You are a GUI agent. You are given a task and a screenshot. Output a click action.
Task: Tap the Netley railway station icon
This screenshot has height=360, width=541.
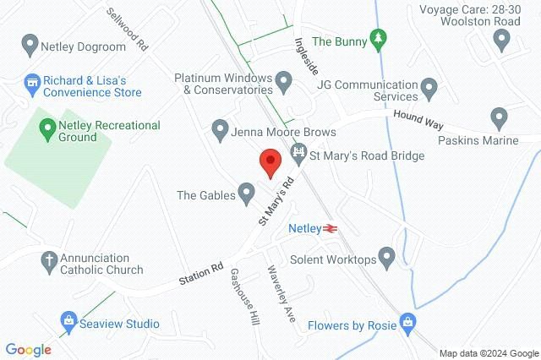point(330,228)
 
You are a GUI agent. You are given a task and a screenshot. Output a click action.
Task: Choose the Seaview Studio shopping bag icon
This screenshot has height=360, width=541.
point(68,322)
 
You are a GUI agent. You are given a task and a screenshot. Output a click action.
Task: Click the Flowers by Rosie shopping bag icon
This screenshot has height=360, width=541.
point(408,323)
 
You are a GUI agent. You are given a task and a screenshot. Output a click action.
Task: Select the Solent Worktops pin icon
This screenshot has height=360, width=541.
point(387,255)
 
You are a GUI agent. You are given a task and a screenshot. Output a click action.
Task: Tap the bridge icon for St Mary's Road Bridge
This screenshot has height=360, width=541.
point(298,153)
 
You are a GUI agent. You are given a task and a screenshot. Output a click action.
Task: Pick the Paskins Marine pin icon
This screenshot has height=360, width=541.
point(499,118)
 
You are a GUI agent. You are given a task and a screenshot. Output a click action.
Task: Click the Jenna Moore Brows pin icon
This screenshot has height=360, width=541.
point(220,131)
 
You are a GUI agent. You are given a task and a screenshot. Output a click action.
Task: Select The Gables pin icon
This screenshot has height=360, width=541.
point(246,195)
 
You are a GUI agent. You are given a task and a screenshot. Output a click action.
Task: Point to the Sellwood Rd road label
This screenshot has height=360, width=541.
point(128,30)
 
